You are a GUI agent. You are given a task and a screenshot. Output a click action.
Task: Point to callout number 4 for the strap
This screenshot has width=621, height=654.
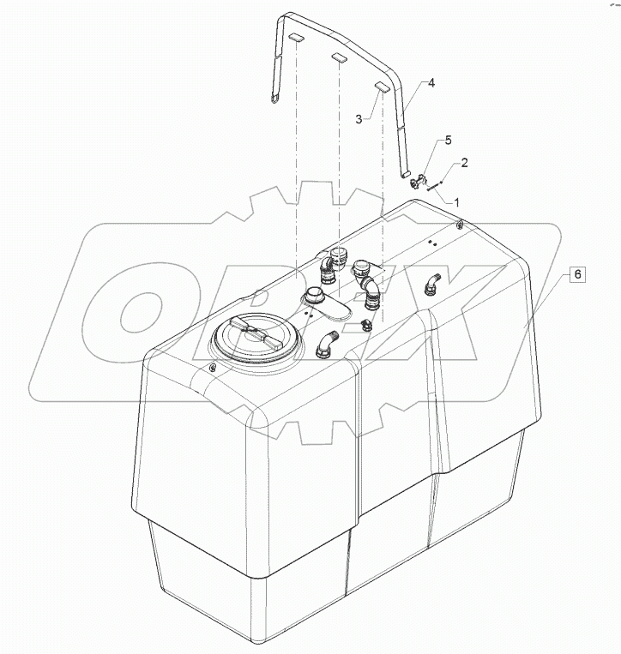[431, 83]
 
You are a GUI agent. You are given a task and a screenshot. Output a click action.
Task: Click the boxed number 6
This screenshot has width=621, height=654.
[578, 274]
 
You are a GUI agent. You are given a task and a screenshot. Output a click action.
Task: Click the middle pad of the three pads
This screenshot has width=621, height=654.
[339, 59]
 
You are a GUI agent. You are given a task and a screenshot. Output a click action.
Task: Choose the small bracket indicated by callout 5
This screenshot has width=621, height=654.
[418, 181]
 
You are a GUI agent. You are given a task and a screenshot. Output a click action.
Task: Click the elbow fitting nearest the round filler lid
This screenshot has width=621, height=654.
[326, 344]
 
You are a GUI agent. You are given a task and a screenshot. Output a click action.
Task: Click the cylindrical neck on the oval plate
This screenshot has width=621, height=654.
[314, 296]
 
